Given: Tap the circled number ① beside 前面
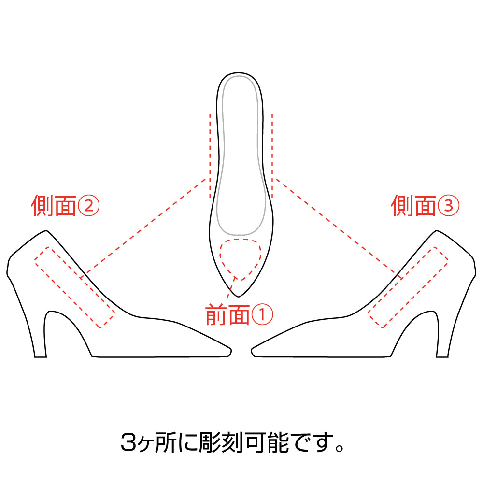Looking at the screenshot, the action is [262, 315].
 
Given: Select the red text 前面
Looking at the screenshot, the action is [227, 315].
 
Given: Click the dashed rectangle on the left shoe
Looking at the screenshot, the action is [74, 287].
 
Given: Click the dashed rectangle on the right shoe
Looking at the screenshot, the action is [408, 287].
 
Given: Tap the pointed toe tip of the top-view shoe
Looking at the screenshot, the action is [239, 297].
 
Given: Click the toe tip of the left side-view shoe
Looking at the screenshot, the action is [231, 351].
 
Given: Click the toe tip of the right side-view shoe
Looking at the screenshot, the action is [252, 351].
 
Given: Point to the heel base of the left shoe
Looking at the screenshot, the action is [41, 357].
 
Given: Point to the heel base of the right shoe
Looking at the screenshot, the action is [442, 357].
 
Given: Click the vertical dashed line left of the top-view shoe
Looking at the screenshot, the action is [210, 156].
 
